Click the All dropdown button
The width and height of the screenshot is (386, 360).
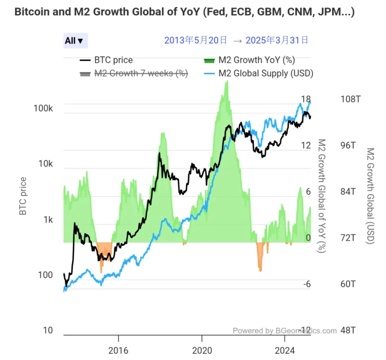(x=75, y=40)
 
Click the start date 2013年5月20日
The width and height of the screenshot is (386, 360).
(x=196, y=40)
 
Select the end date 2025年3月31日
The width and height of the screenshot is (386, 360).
(x=277, y=40)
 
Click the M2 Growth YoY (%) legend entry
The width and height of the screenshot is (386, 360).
(x=249, y=60)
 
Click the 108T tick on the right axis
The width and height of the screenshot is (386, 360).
(x=351, y=99)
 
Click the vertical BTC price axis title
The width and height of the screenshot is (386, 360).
(x=23, y=196)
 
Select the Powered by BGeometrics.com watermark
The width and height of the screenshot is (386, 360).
(x=284, y=331)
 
